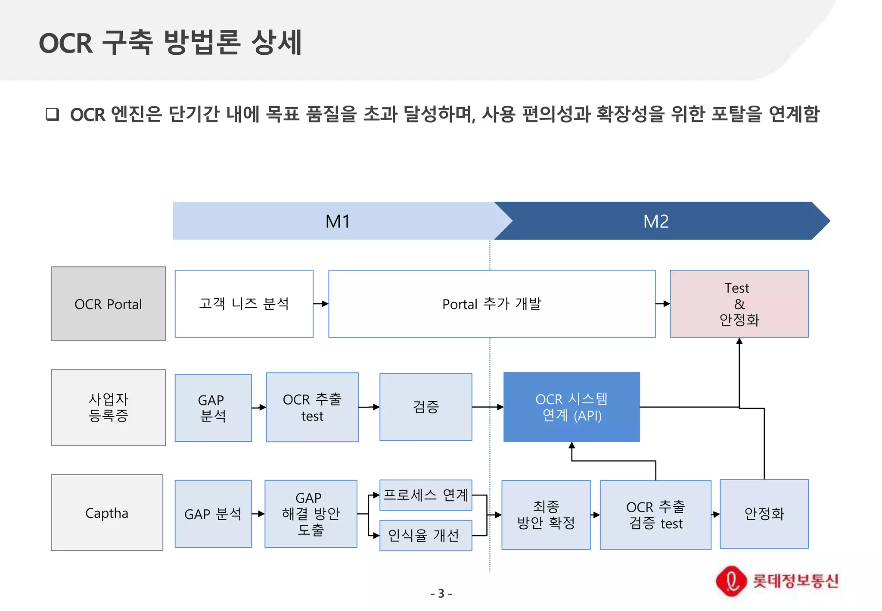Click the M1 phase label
point(338,221)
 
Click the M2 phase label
point(655,221)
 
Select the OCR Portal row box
point(108,304)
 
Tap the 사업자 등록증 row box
point(108,408)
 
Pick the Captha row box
point(107,513)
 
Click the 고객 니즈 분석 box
point(244,304)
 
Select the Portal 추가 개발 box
point(492,304)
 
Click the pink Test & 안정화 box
point(739,304)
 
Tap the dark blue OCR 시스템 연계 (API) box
point(571,407)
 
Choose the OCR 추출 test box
point(312,407)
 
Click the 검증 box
point(426,407)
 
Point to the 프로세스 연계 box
point(426,495)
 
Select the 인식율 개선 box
point(426,536)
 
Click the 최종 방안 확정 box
point(546,515)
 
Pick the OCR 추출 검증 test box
point(655,515)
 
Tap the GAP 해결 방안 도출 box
point(311,514)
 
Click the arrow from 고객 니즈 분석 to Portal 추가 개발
point(321,304)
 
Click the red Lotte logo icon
point(731,581)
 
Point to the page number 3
point(441,594)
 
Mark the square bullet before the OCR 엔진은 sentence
point(53,115)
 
